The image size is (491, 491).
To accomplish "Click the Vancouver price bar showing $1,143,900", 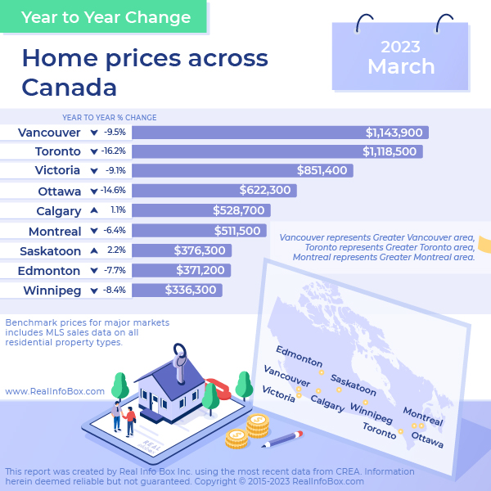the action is tap(280, 133).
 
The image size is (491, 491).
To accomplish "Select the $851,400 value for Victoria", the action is tap(322, 170).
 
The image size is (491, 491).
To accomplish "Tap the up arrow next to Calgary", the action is tap(94, 210).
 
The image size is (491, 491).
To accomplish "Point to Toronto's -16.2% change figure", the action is tap(114, 151).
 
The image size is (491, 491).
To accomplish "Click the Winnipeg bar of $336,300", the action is tap(177, 290).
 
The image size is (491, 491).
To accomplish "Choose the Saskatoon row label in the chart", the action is tap(51, 251).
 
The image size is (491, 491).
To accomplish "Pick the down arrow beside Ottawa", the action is tap(94, 191).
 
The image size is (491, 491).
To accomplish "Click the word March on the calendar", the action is tap(401, 66).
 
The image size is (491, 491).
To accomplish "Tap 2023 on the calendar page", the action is tap(400, 47).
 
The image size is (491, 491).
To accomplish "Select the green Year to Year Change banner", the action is tap(103, 16).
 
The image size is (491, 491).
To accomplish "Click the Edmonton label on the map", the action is tap(299, 356).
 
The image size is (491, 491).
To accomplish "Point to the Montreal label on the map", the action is tap(423, 417).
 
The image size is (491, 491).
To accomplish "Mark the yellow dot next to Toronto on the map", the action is tap(400, 432).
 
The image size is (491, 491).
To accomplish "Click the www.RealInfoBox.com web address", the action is tap(55, 391).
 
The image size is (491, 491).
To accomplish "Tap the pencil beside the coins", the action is tap(282, 439).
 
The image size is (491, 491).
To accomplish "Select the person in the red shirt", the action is tap(129, 421).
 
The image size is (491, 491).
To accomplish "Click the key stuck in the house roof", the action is tap(180, 363).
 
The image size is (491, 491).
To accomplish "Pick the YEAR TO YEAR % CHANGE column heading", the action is tap(110, 117).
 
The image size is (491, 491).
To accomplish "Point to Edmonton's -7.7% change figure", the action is tap(115, 270).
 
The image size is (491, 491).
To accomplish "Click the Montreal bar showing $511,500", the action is tap(199, 231).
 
